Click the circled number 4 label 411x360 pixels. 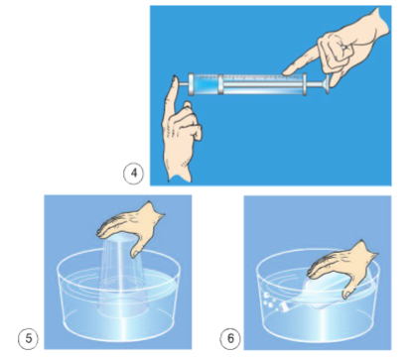click(134, 174)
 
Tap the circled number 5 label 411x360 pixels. click(28, 338)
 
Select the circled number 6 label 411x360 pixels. click(230, 338)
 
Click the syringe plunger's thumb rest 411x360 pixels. click(327, 84)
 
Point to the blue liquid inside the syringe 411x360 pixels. click(205, 84)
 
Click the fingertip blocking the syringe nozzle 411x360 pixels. click(175, 82)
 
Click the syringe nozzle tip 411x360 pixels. click(183, 84)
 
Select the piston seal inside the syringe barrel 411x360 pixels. click(220, 84)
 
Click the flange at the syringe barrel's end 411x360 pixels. click(305, 84)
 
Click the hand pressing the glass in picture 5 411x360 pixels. click(131, 229)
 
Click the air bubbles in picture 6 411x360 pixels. click(269, 300)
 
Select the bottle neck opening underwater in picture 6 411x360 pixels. click(283, 307)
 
